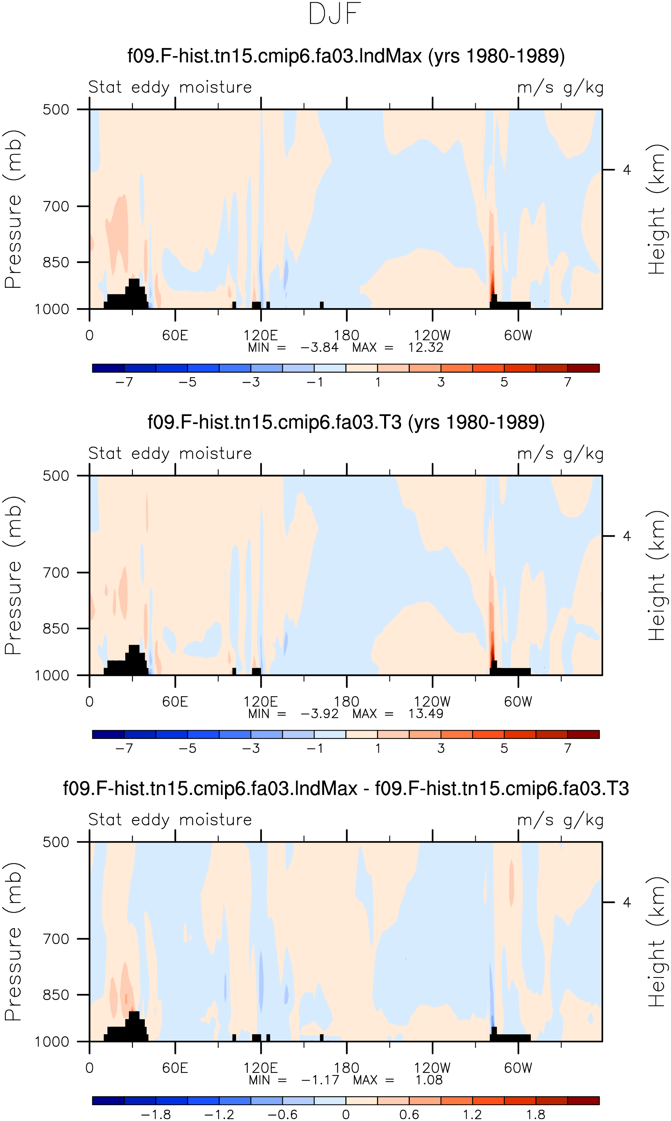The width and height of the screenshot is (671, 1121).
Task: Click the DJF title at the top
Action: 335,14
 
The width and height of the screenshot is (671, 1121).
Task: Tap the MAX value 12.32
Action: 426,347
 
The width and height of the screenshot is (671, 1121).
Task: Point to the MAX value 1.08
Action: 429,1080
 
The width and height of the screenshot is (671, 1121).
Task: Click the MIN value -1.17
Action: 320,1080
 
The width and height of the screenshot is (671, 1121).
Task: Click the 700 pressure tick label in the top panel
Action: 56,206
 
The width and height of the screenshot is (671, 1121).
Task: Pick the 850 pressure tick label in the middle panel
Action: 56,629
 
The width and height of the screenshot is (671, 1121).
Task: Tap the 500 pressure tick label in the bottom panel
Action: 56,842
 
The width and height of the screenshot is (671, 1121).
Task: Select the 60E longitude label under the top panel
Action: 175,335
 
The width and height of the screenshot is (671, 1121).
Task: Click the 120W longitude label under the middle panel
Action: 432,702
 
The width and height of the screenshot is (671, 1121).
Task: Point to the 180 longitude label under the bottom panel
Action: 346,1068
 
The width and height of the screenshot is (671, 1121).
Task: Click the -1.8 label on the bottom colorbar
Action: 156,1114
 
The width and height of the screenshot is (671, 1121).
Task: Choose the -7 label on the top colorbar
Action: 124,382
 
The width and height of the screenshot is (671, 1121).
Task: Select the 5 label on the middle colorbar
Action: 504,748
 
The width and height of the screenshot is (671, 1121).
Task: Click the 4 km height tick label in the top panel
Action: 627,170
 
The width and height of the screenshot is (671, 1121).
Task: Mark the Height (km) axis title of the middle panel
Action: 657,576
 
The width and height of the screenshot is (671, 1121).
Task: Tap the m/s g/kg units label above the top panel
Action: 560,87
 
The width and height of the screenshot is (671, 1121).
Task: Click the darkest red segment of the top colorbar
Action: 583,368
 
